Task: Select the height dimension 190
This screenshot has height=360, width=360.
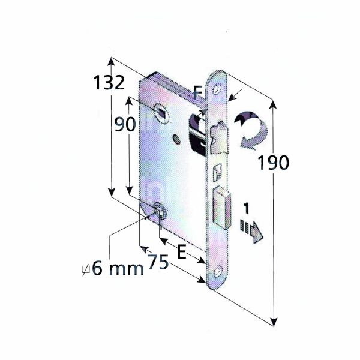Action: pos(273,163)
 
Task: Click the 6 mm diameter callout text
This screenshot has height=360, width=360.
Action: pos(113,268)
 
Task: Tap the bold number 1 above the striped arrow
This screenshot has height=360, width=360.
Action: pos(246,209)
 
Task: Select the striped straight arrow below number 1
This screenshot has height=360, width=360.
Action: pos(251,229)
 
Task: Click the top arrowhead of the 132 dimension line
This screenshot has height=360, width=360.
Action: pos(111,61)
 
